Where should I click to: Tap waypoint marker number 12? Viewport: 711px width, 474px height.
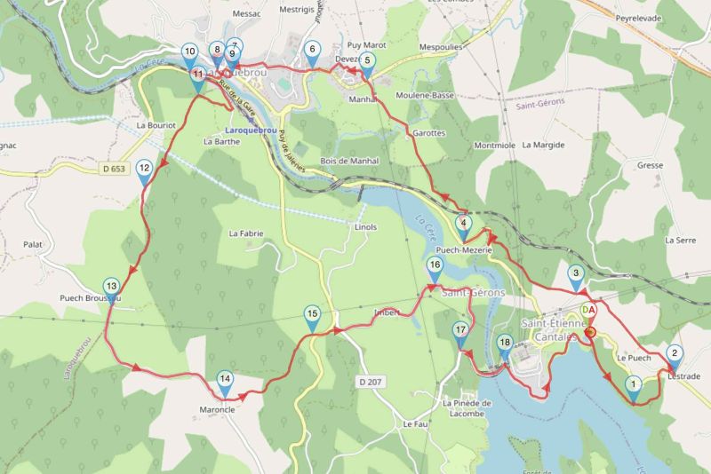[144, 169]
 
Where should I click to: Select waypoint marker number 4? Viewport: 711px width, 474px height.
[463, 224]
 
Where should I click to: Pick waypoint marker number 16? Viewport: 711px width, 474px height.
[434, 265]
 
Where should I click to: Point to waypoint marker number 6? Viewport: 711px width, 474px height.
[311, 51]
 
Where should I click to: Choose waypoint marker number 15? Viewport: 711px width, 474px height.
[312, 314]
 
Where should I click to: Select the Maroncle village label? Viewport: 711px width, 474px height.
[217, 411]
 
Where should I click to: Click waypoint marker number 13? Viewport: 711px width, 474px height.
[110, 287]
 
